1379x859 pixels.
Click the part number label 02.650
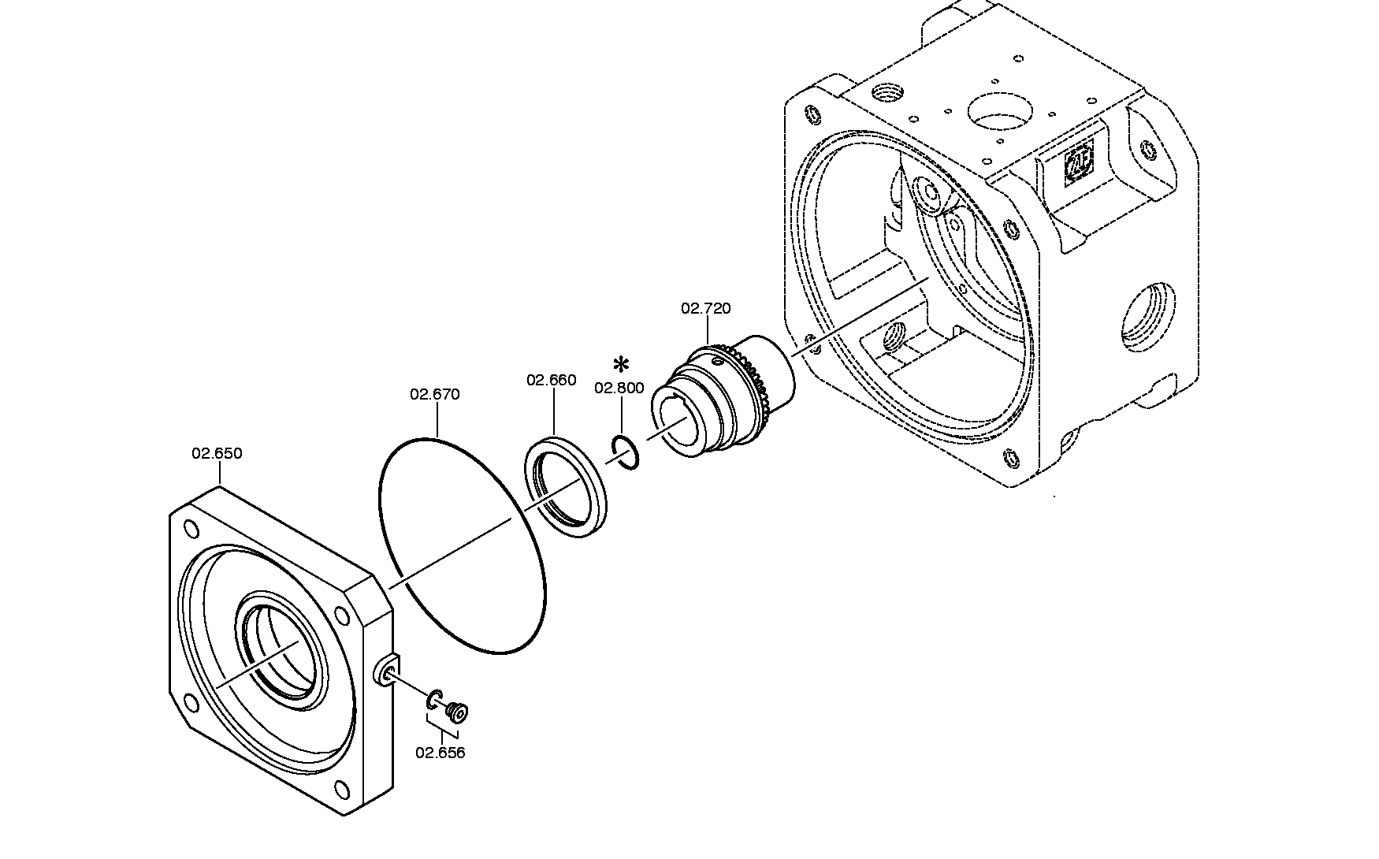[x=217, y=454]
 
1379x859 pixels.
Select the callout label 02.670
[x=434, y=395]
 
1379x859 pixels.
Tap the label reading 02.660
[x=552, y=381]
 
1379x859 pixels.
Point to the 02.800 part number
[x=619, y=388]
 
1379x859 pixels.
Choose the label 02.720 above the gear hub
[x=706, y=308]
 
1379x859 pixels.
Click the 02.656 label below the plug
[x=440, y=753]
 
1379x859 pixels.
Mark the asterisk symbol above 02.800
[x=622, y=365]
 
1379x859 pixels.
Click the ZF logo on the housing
[x=1079, y=167]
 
